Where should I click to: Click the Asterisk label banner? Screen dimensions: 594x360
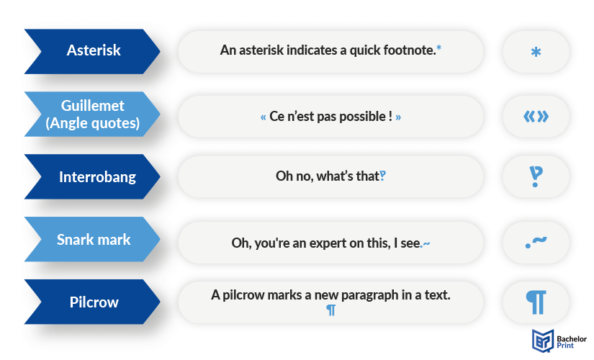(x=92, y=51)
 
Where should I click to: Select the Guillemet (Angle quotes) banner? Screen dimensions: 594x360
(x=92, y=114)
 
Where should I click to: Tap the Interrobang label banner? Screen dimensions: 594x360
(x=92, y=176)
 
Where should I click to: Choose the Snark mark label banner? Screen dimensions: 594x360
(x=92, y=239)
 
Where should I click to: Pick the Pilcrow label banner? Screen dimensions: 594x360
(x=92, y=302)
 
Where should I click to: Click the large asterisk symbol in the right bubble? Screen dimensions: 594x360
(x=536, y=52)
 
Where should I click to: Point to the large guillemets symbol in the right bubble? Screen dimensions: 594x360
(x=536, y=117)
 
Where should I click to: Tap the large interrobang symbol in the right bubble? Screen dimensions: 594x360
(x=536, y=176)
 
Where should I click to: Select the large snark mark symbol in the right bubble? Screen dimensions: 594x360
(x=536, y=242)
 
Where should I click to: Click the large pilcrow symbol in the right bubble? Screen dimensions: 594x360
(x=536, y=302)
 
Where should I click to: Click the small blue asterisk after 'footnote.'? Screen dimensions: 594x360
(x=438, y=48)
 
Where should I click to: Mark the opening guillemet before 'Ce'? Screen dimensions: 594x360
(x=264, y=117)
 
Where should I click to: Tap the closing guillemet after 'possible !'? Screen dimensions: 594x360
(x=398, y=117)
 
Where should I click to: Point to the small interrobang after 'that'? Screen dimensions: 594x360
(x=383, y=176)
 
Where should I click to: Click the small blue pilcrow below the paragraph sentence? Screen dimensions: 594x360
(x=330, y=310)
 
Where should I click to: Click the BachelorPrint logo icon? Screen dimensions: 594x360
(x=542, y=341)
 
